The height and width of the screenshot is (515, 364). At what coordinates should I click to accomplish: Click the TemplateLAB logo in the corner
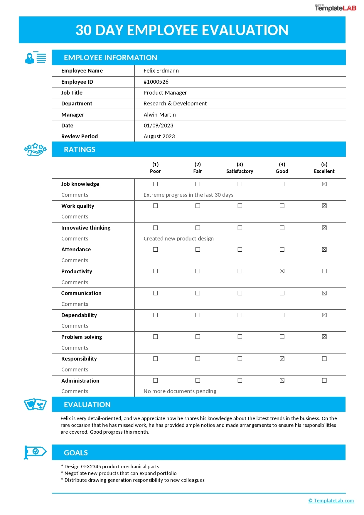[x=335, y=8]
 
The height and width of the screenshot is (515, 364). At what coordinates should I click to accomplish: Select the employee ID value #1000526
[x=156, y=82]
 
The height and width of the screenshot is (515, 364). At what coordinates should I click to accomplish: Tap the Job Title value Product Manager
[x=165, y=93]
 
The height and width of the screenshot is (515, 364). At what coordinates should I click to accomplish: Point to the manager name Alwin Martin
[x=160, y=115]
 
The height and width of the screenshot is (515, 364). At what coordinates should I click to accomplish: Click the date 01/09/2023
[x=159, y=126]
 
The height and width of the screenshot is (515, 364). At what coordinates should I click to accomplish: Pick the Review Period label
[x=80, y=137]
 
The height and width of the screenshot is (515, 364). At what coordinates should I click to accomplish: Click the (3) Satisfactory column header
[x=240, y=168]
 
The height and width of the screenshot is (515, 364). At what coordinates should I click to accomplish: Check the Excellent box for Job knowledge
[x=324, y=184]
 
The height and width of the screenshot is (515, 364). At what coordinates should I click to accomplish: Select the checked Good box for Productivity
[x=282, y=271]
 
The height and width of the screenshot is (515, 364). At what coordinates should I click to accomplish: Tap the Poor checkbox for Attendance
[x=155, y=250]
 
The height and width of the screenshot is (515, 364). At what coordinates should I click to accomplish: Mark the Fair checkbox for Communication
[x=198, y=293]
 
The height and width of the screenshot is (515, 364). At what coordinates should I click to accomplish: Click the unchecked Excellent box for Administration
[x=324, y=381]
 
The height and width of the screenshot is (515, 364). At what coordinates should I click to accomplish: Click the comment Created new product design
[x=178, y=239]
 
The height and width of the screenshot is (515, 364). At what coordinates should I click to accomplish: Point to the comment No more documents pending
[x=180, y=391]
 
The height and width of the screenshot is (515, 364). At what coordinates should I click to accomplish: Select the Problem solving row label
[x=82, y=337]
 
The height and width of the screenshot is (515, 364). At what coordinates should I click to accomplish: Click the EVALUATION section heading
[x=87, y=405]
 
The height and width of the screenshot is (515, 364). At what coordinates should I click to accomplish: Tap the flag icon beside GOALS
[x=35, y=452]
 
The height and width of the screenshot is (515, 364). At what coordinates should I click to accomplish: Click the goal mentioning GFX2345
[x=112, y=467]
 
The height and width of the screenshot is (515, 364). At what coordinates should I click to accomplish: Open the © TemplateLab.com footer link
[x=331, y=501]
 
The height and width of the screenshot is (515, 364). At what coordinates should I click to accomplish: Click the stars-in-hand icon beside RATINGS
[x=35, y=149]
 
